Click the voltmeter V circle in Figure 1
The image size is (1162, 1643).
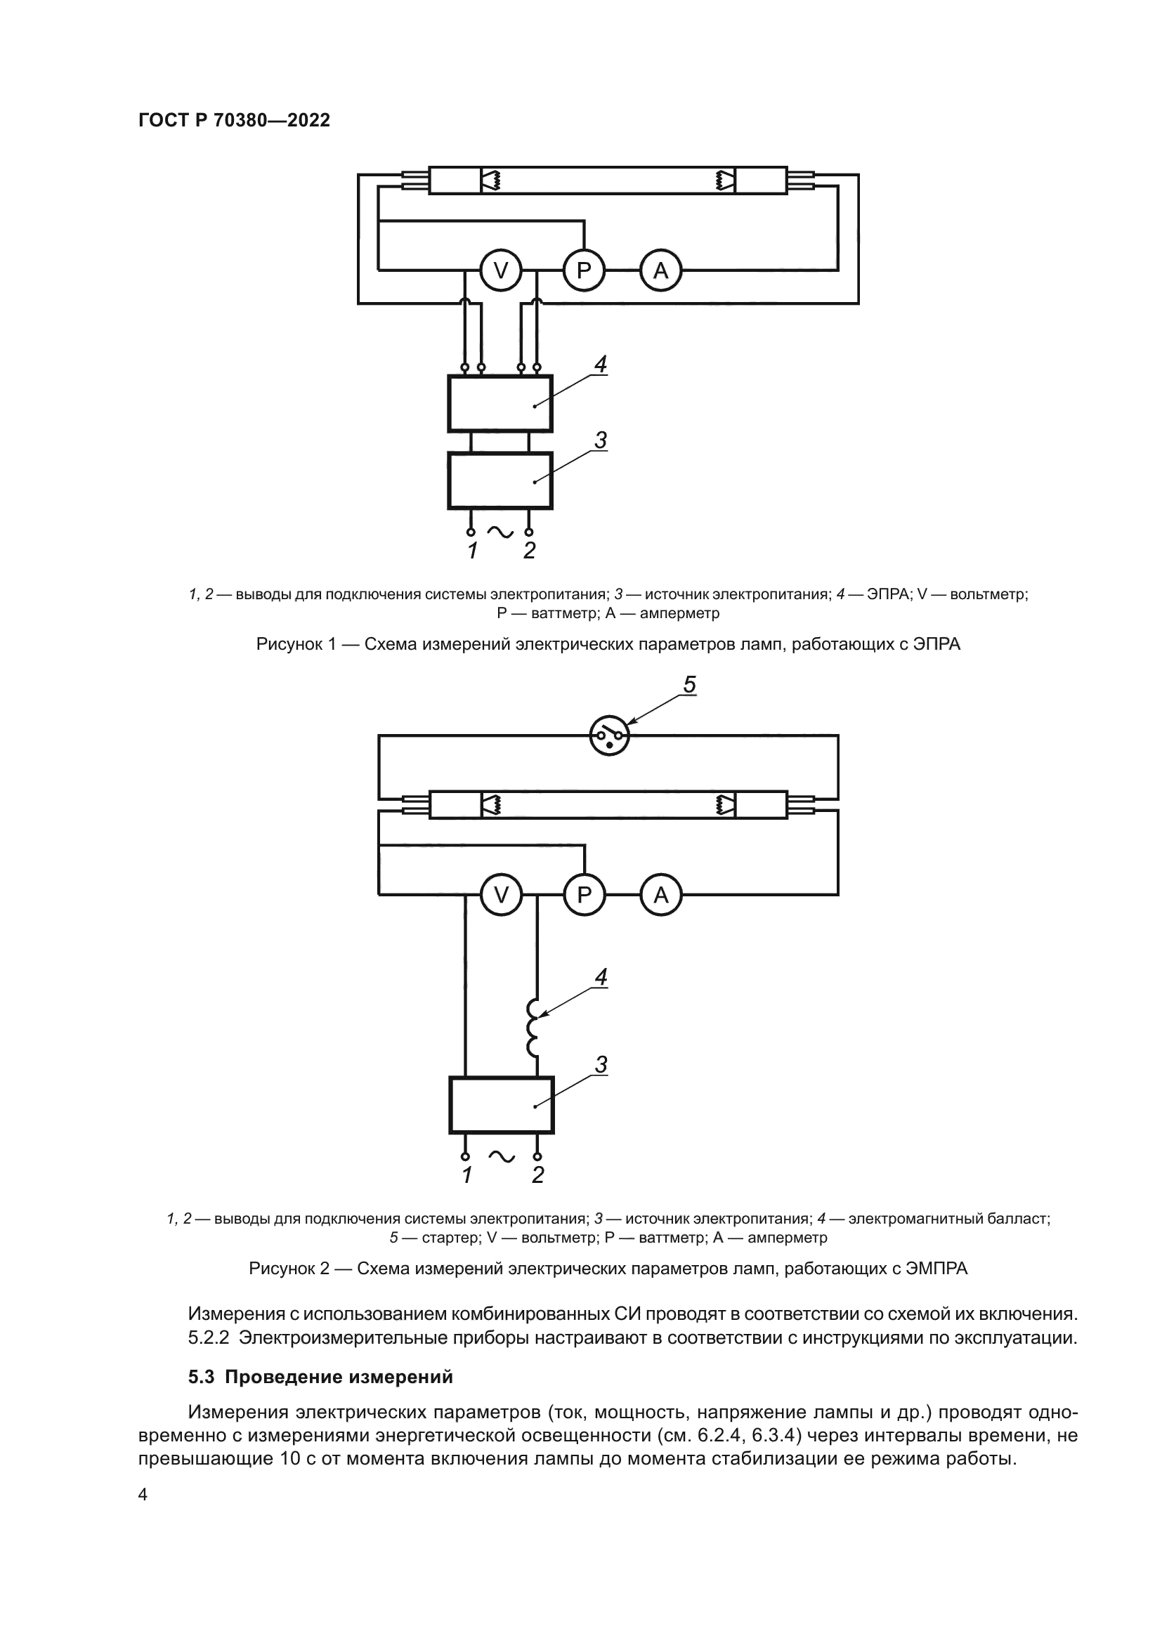pos(501,270)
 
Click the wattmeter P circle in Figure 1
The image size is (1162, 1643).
pos(584,270)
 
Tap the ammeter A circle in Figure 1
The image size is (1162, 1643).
pos(660,270)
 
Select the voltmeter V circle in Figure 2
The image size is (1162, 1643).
pos(501,894)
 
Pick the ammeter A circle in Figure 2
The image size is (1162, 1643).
pos(660,894)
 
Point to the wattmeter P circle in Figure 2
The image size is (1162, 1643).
pos(584,894)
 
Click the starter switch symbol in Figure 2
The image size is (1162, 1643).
pos(609,735)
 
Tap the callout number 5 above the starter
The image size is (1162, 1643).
pos(689,685)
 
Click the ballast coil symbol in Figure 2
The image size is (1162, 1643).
pos(534,1028)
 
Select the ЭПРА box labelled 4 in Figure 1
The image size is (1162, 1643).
pos(500,404)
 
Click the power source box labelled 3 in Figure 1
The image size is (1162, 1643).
pos(500,480)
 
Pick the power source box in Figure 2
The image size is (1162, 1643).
pos(501,1105)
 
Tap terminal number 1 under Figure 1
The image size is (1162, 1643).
pos(472,551)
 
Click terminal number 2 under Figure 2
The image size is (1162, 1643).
pos(538,1175)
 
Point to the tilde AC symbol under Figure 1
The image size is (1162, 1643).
pos(500,531)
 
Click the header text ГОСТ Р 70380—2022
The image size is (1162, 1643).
pos(234,120)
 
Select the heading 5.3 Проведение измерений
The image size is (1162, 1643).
pos(320,1377)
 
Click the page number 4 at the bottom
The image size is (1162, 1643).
pos(143,1495)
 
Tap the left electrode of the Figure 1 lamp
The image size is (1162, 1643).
pos(491,181)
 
